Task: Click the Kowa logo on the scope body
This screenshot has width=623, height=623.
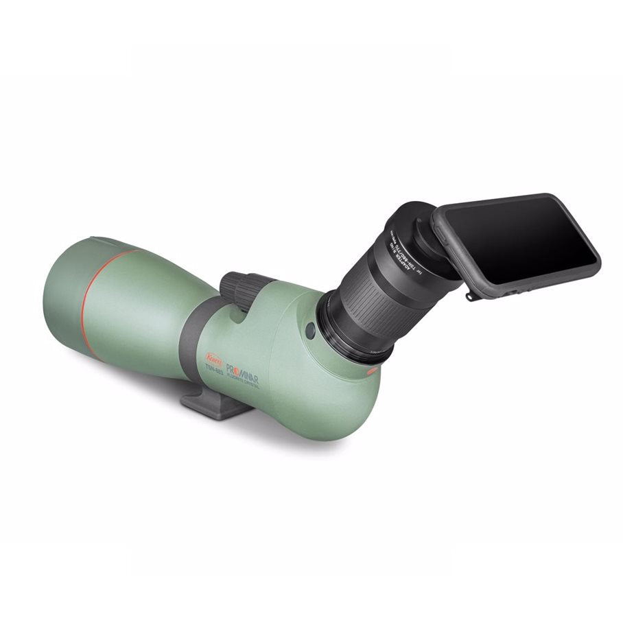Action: [x=213, y=357]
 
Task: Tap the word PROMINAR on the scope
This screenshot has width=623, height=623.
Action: [x=241, y=363]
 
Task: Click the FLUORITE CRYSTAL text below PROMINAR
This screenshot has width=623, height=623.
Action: [x=244, y=375]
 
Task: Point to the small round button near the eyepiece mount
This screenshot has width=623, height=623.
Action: [x=310, y=330]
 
